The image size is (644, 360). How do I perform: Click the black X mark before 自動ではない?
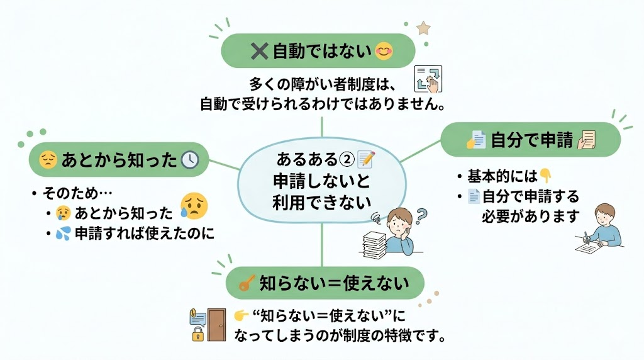[x=259, y=52]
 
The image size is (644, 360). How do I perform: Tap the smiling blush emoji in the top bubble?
[x=384, y=51]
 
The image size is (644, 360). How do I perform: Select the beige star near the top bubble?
[x=423, y=28]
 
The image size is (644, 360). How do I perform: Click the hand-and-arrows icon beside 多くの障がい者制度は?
[x=428, y=79]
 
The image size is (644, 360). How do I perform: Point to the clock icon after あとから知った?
[x=190, y=160]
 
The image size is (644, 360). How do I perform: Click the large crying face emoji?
[x=194, y=206]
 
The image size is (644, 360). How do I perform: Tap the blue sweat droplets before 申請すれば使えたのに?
[x=64, y=233]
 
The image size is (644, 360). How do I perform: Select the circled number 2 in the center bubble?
[x=347, y=159]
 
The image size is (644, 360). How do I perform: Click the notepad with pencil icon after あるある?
[x=366, y=159]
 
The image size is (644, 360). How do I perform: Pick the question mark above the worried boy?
[x=421, y=215]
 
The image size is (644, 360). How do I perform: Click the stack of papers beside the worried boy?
[x=374, y=245]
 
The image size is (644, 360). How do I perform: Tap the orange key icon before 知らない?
[x=247, y=283]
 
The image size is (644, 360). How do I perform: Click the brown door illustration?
[x=216, y=325]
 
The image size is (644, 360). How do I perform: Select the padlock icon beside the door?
[x=198, y=334]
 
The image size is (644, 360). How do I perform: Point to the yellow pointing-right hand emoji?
[x=241, y=315]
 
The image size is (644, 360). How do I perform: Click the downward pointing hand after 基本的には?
[x=545, y=176]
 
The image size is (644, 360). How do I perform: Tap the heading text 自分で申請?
[x=531, y=140]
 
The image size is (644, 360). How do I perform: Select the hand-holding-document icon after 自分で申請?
[x=587, y=140]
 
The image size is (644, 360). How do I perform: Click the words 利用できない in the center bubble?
[x=321, y=202]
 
